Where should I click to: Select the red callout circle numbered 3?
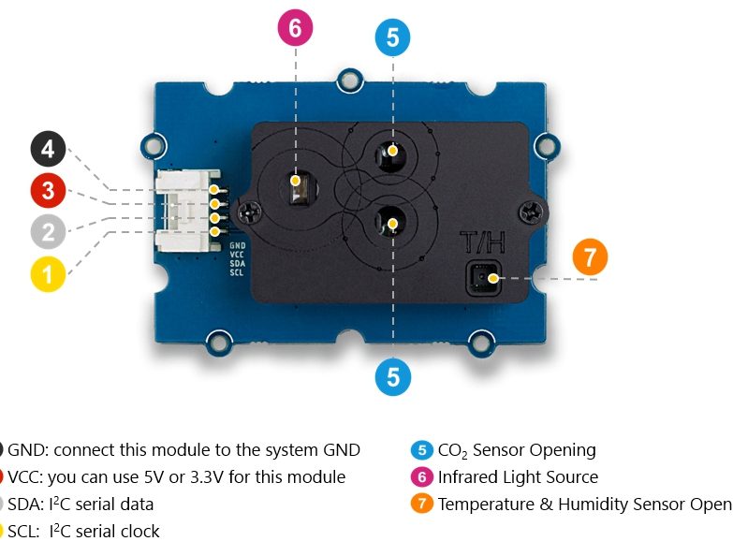point(48,192)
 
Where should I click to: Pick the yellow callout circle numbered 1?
point(48,275)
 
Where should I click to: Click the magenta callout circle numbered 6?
point(296,29)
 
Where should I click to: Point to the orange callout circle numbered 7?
point(589,257)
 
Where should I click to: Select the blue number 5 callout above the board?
point(392,37)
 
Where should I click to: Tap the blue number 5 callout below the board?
point(392,376)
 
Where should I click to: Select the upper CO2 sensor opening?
point(392,150)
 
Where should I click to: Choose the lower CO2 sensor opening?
point(392,223)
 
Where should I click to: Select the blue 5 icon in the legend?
point(421,450)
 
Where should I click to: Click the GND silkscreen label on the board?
point(238,245)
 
